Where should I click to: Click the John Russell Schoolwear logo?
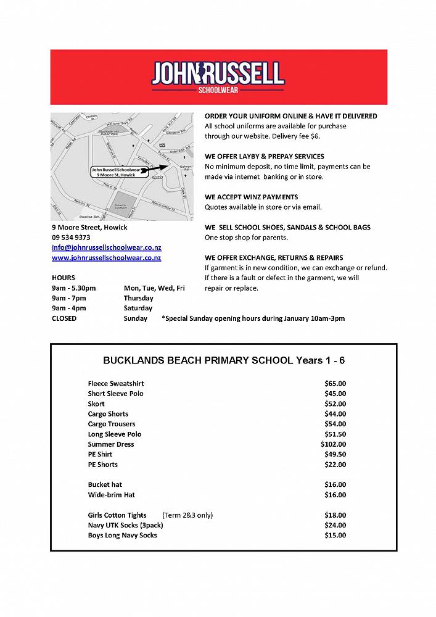click(x=218, y=77)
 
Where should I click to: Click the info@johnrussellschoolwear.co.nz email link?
click(x=106, y=247)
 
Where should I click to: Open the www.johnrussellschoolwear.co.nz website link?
click(x=106, y=257)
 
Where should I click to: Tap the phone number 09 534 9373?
click(x=71, y=238)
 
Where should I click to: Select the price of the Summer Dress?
click(x=334, y=444)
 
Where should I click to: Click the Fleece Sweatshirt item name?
click(x=115, y=384)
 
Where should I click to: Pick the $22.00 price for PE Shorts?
click(x=335, y=465)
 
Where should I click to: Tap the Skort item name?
click(x=96, y=404)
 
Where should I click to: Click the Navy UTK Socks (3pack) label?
click(x=122, y=525)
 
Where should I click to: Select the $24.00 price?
click(x=335, y=525)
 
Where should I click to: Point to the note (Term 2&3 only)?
click(x=187, y=515)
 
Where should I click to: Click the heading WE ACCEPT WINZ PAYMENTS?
click(x=251, y=197)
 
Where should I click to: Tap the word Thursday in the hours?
click(x=138, y=298)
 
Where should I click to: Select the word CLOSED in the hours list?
click(x=64, y=318)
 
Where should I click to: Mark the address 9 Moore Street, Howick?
click(x=89, y=228)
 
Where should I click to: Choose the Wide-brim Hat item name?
click(x=111, y=495)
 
